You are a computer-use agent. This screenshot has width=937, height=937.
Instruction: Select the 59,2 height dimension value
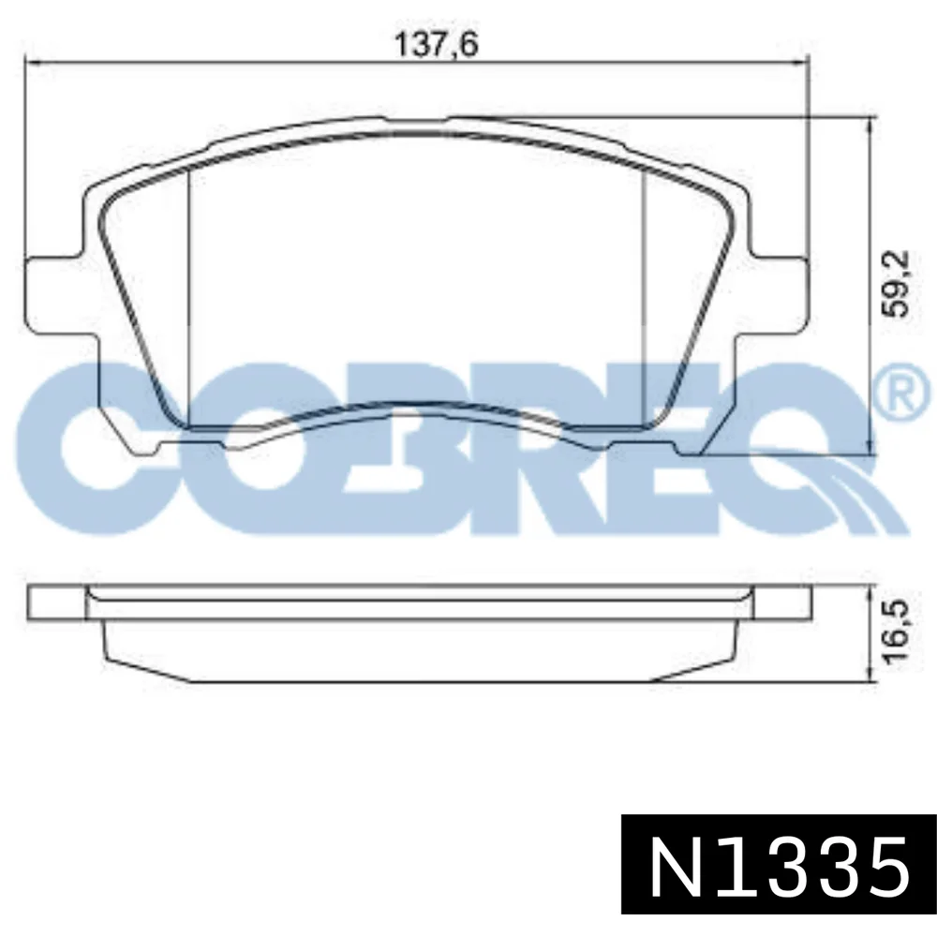(x=897, y=283)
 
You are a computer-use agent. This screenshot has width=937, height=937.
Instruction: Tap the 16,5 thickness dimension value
(x=897, y=632)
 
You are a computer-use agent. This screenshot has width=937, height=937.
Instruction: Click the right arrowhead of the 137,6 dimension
(x=799, y=61)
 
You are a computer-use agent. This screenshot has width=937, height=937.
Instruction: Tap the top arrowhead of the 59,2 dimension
(x=867, y=125)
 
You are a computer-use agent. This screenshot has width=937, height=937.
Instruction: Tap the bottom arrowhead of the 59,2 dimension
(x=867, y=447)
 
